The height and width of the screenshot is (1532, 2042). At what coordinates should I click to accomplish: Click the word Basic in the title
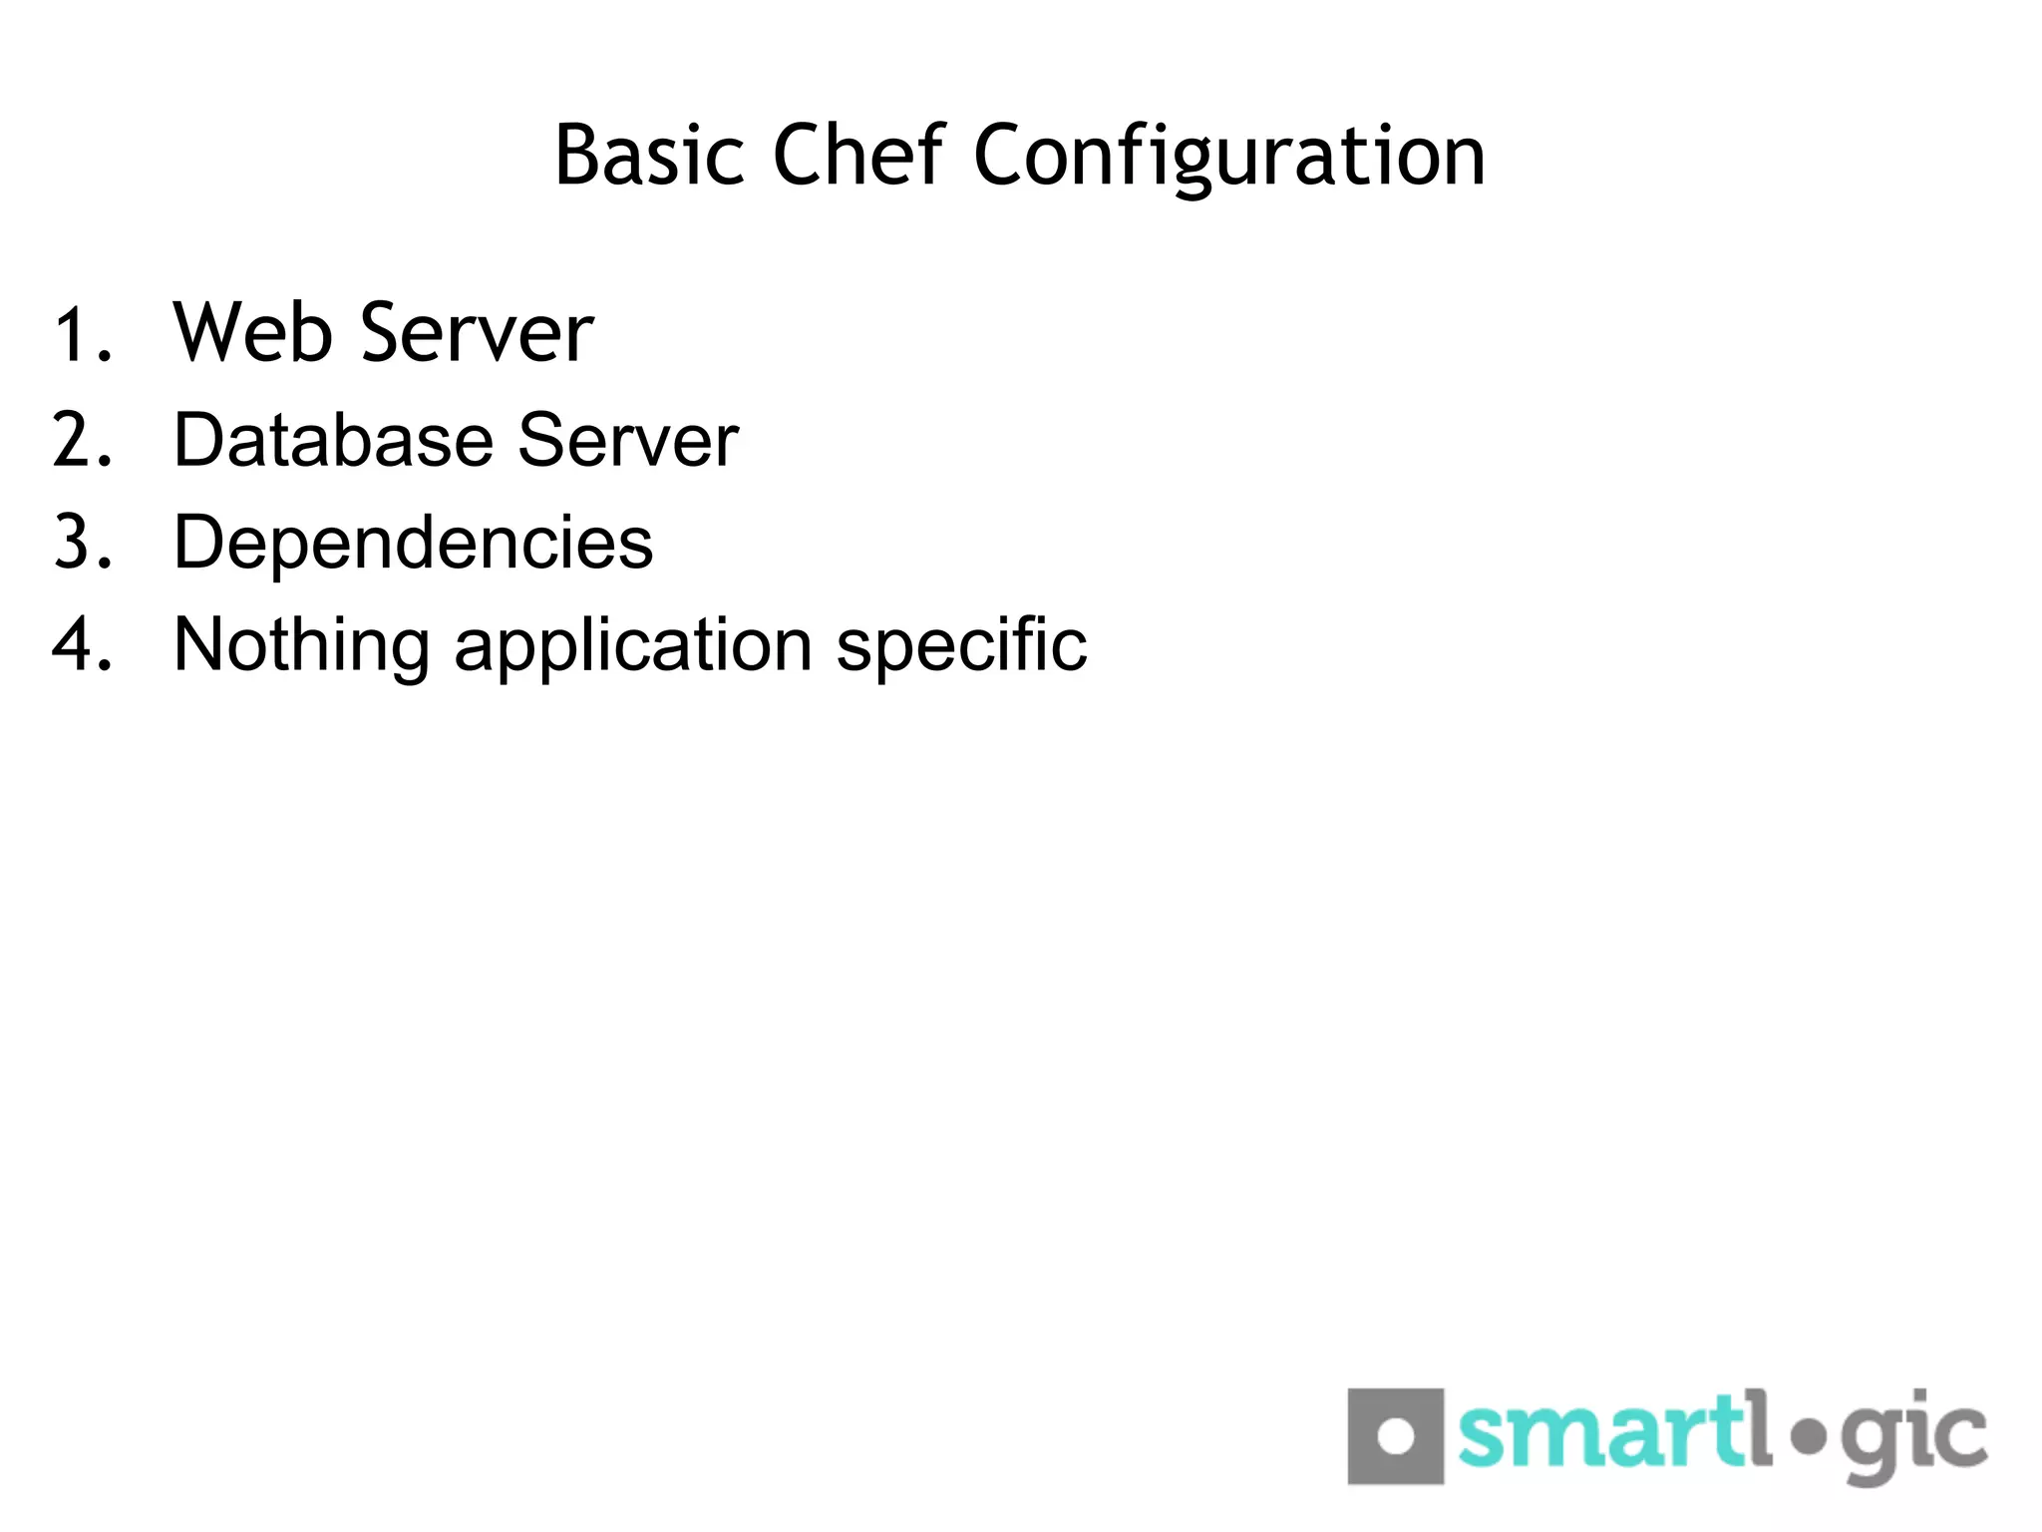click(x=649, y=156)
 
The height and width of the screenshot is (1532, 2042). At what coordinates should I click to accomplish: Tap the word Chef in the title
click(x=857, y=156)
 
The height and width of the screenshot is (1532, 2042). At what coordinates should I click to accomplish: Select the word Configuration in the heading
click(x=1228, y=158)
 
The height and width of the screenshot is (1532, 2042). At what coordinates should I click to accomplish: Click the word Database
click(x=333, y=440)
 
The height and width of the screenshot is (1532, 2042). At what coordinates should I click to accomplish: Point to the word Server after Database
click(x=628, y=440)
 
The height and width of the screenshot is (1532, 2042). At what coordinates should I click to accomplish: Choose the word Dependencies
click(x=413, y=544)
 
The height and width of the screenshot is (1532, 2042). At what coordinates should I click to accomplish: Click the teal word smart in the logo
click(x=1595, y=1432)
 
